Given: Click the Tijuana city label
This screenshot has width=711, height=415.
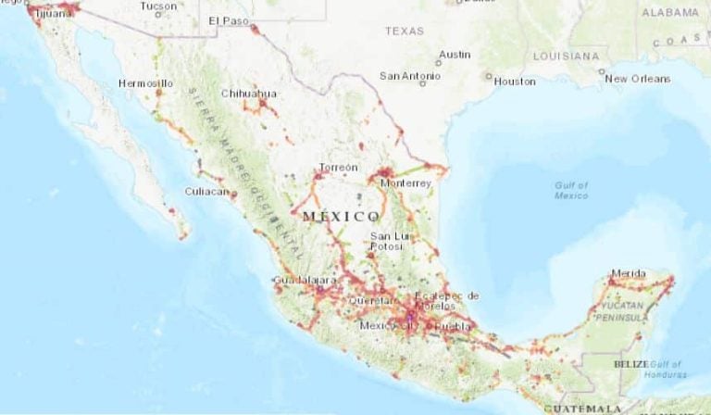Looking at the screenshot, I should [53, 13].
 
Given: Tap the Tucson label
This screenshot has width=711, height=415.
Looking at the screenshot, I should [157, 6].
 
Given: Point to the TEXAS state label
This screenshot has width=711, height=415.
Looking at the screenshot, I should [405, 31].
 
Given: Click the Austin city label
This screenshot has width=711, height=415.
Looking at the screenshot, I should [455, 55].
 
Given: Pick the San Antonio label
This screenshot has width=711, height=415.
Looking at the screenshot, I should [409, 75].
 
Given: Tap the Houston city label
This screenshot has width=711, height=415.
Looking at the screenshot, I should [515, 81].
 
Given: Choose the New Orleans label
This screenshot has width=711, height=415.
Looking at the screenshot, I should [637, 79].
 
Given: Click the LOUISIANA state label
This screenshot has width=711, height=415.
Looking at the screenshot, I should [567, 56].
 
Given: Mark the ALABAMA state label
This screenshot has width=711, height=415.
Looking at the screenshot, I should [670, 12].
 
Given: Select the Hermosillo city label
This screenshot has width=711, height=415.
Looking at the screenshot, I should [145, 83].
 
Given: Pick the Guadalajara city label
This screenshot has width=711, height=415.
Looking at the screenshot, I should [305, 279].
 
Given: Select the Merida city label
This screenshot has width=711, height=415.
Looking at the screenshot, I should [630, 273].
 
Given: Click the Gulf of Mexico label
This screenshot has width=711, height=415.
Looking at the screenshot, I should [571, 191].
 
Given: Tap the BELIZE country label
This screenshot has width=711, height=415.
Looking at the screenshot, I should [630, 364].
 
